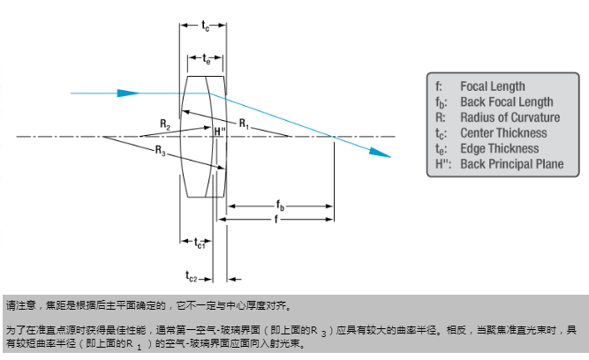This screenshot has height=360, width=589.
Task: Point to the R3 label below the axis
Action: (x=160, y=152)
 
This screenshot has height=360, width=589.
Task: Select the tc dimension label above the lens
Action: (x=207, y=27)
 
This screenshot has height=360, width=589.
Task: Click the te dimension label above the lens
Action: (x=206, y=60)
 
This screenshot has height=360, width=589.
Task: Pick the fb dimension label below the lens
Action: (x=281, y=205)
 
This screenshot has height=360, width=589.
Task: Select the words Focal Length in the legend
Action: (x=492, y=86)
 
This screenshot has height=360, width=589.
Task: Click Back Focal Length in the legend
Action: (x=506, y=102)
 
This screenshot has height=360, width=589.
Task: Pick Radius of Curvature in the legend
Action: (x=510, y=117)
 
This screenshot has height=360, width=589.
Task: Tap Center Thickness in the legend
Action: (x=503, y=133)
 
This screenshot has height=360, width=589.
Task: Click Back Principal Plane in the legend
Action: (x=511, y=164)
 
